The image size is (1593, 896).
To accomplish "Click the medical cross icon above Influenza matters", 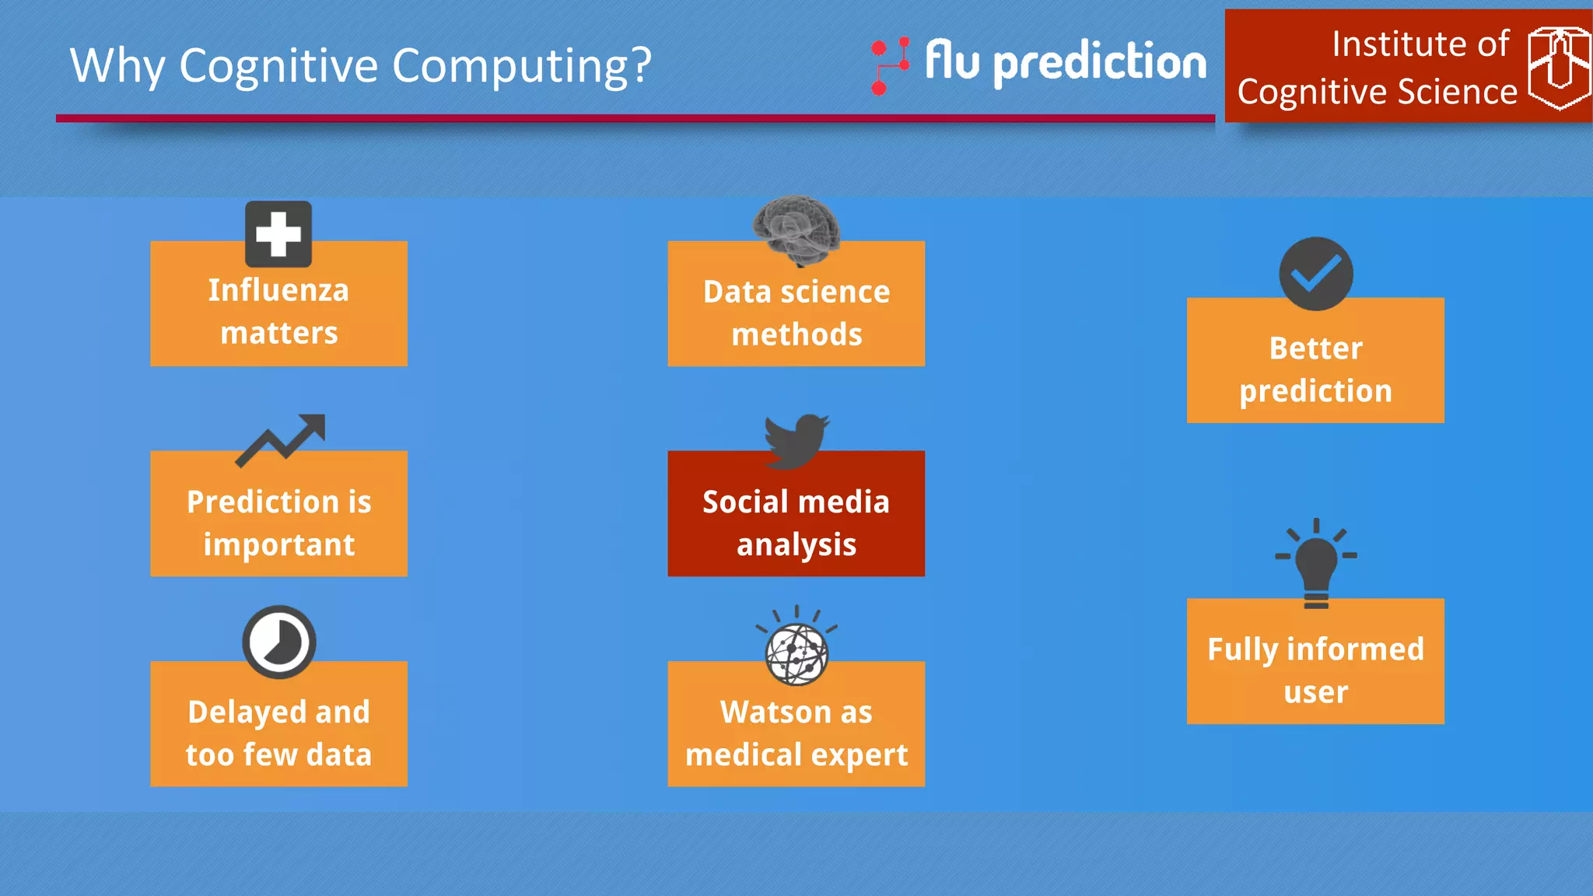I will pos(278,234).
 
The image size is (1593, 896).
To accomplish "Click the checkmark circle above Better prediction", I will pos(1315,274).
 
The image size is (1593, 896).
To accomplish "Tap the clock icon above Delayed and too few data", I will pos(278,642).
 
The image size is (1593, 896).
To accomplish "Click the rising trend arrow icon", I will pos(280,440).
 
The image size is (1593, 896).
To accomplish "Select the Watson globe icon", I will pos(796,652).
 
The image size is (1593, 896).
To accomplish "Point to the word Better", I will pos(1315,348).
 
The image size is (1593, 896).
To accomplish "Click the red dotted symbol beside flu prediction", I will pos(889,65).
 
